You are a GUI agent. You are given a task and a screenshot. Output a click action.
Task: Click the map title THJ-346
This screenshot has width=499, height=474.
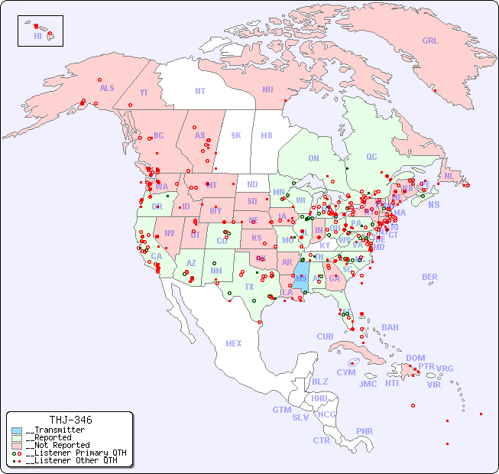coord(70,420)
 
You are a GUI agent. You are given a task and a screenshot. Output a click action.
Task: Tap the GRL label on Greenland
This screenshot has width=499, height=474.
coord(430,41)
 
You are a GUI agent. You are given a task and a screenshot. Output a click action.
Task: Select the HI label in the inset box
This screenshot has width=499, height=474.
coord(37,36)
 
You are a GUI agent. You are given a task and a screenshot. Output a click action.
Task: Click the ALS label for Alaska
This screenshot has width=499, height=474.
coord(107,88)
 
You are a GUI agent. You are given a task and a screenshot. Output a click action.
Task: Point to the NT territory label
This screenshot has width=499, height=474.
coord(200,90)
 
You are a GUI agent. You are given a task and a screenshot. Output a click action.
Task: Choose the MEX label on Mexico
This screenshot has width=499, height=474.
coord(234,343)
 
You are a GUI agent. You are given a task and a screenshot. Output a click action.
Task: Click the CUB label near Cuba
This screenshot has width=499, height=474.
coord(325,336)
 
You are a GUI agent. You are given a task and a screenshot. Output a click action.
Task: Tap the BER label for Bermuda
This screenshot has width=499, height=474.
coord(430,277)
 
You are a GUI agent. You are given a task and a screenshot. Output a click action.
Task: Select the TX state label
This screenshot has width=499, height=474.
coord(249,287)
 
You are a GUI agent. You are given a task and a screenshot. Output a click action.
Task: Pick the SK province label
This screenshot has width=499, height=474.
coord(236,135)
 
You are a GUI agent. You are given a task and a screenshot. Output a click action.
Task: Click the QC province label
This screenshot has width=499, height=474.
coord(371,157)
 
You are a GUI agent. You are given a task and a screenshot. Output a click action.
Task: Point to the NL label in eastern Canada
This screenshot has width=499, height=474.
coord(449,175)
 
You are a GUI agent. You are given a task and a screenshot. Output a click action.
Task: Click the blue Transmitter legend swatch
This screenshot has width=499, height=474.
coord(17,430)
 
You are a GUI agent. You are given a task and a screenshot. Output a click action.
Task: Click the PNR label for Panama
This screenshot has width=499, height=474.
coord(365,431)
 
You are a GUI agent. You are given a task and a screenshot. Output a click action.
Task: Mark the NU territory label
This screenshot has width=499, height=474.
coord(267,89)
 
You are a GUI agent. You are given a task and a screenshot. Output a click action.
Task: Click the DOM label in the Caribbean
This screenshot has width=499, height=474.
coord(415,358)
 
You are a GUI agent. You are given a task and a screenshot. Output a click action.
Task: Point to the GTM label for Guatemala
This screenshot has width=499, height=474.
coord(281,410)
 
